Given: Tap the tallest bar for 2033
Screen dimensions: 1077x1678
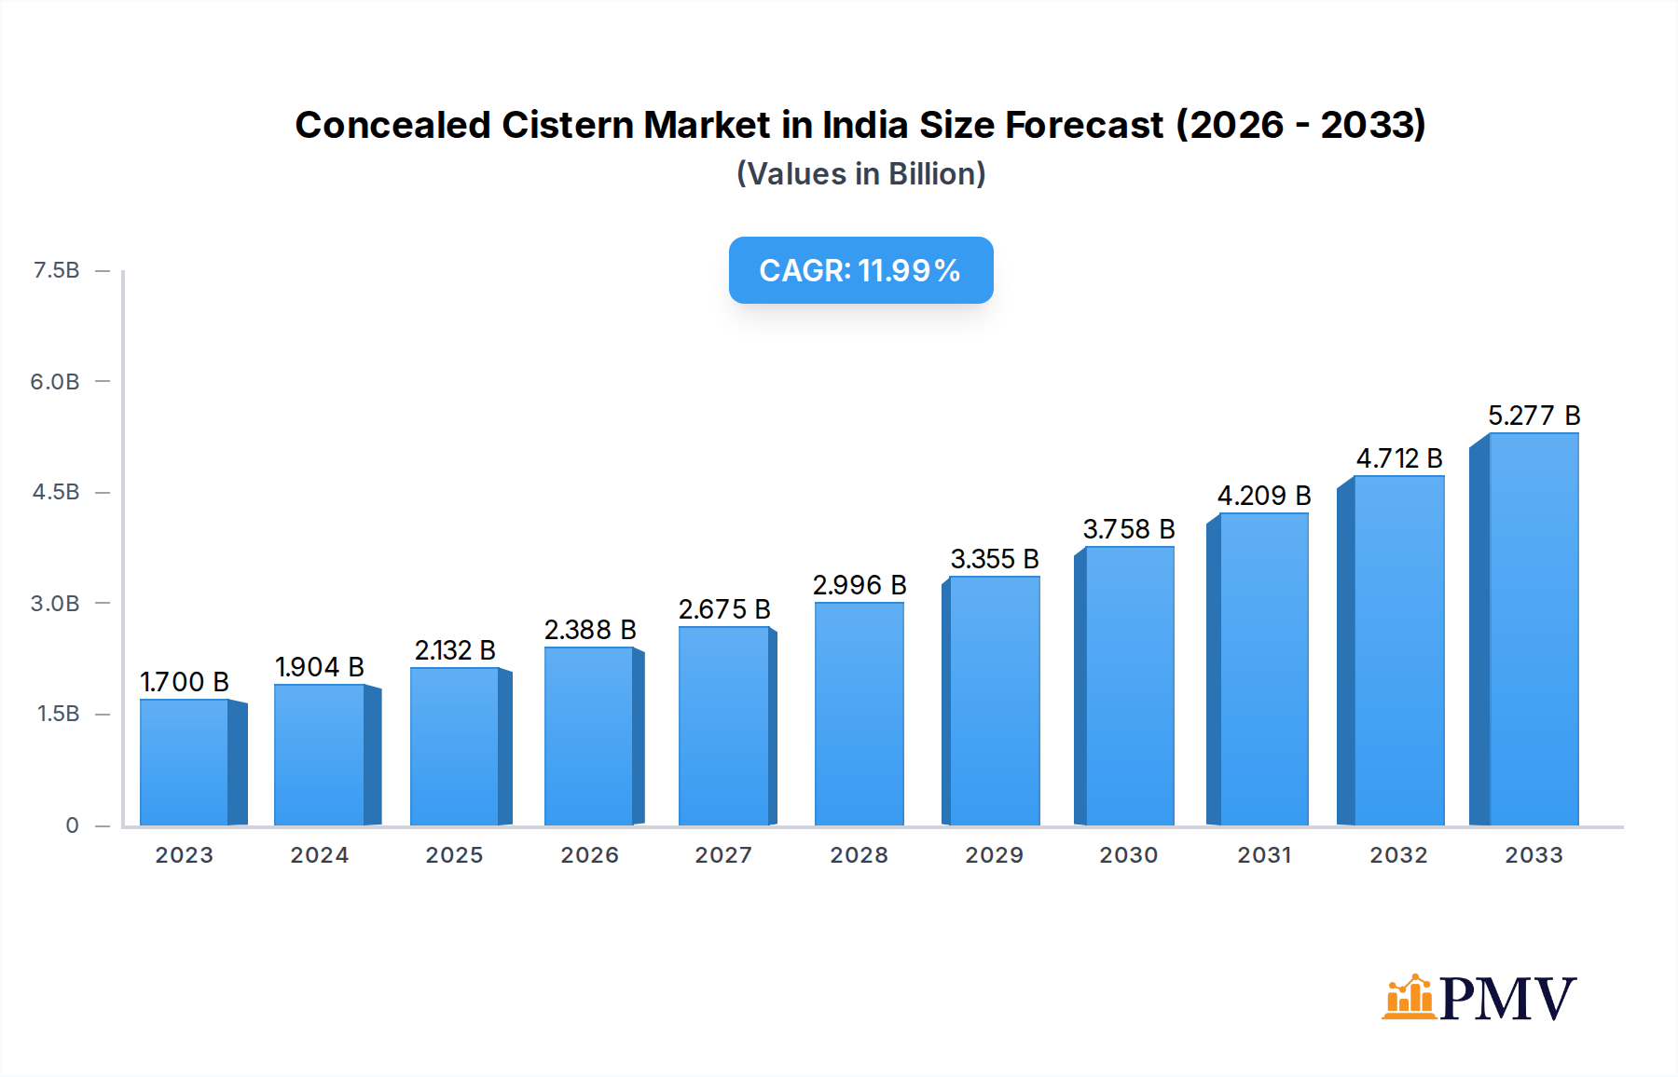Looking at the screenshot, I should (1534, 630).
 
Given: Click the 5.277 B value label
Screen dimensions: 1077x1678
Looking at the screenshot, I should (1534, 416).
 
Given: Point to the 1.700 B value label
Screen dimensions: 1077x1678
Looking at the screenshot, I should (185, 682).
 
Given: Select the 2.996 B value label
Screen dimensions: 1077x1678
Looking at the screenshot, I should (859, 585).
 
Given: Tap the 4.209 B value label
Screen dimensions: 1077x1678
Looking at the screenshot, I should (1263, 496).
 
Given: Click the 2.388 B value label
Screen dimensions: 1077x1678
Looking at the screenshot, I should (589, 630).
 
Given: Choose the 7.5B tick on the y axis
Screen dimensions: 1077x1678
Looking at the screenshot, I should (56, 270).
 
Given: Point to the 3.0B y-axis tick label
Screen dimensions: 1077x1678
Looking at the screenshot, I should (55, 604).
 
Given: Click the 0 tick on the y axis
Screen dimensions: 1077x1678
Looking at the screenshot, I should (72, 825).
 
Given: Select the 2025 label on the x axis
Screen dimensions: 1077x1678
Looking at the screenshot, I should (454, 855).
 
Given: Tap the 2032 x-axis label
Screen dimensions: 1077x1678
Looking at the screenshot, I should (1398, 855).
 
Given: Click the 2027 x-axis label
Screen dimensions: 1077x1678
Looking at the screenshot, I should (723, 855).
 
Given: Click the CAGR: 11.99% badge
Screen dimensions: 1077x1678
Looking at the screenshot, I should (860, 270).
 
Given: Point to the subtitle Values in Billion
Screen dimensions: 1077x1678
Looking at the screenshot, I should (860, 174).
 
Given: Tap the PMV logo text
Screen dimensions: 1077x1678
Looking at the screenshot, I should (1507, 999).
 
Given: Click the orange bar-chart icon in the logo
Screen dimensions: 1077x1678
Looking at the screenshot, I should (1408, 997).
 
